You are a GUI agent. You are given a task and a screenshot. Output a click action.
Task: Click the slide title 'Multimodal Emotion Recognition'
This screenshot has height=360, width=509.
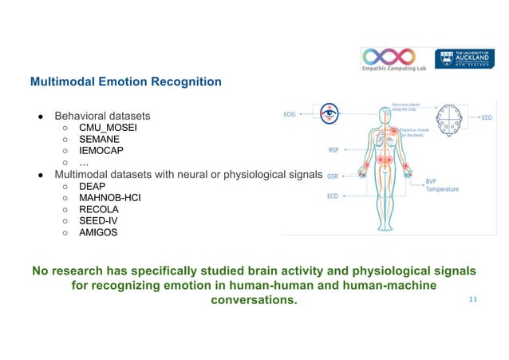point(125,81)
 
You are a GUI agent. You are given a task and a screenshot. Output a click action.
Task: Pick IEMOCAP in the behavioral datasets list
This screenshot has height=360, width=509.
point(102,150)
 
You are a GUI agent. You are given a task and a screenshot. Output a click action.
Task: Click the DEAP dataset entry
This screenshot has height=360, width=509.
point(93,186)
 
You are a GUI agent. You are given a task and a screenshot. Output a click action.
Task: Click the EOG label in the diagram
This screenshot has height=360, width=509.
point(290,114)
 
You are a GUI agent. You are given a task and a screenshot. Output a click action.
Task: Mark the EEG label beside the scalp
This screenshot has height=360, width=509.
point(487,117)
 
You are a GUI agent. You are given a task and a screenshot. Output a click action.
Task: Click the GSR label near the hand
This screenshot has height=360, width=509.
point(333,176)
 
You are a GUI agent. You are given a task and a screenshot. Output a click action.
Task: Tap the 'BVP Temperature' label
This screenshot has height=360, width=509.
point(441,184)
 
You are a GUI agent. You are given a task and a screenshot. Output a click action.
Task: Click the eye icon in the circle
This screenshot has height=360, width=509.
point(328,113)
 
